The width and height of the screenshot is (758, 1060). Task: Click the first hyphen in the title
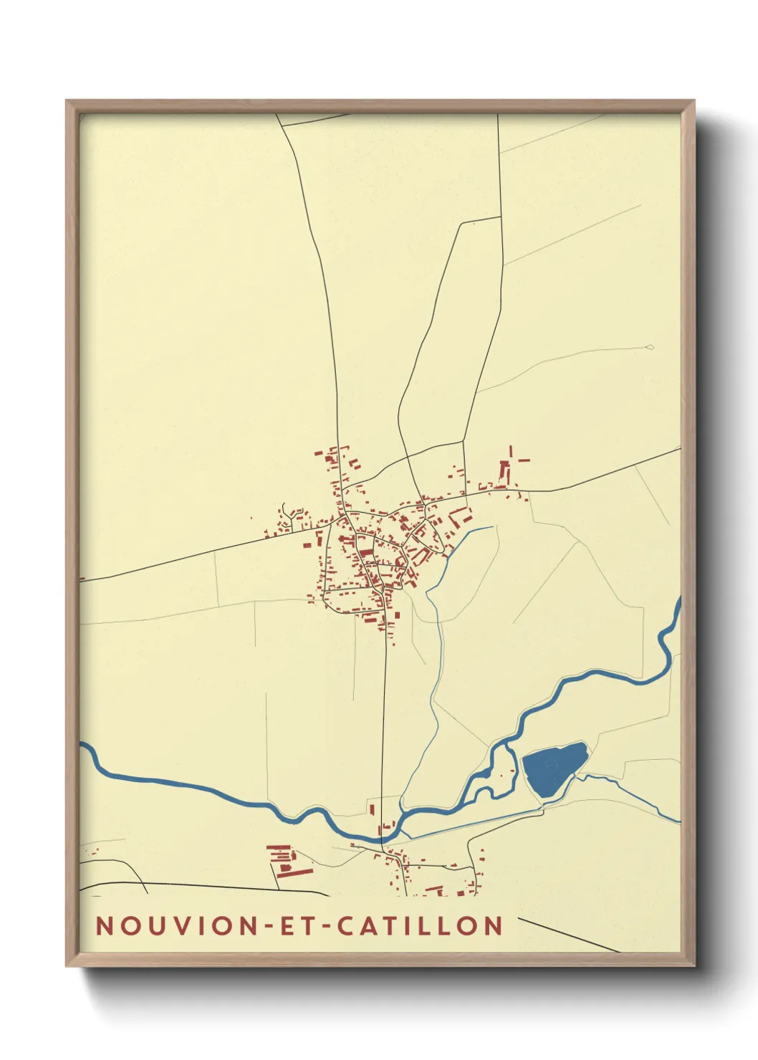(x=268, y=926)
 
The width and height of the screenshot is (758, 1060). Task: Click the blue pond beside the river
(x=554, y=768)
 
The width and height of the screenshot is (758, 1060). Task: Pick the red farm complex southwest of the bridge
(x=286, y=861)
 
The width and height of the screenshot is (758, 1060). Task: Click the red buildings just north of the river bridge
(x=372, y=811)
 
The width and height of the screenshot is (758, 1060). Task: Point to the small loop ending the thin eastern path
(x=649, y=348)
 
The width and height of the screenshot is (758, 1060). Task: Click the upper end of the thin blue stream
(x=492, y=528)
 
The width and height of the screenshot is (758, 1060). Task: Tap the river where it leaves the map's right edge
(x=677, y=605)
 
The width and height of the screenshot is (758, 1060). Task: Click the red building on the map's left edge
(x=82, y=579)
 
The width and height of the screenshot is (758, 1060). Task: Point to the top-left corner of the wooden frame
(x=67, y=102)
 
